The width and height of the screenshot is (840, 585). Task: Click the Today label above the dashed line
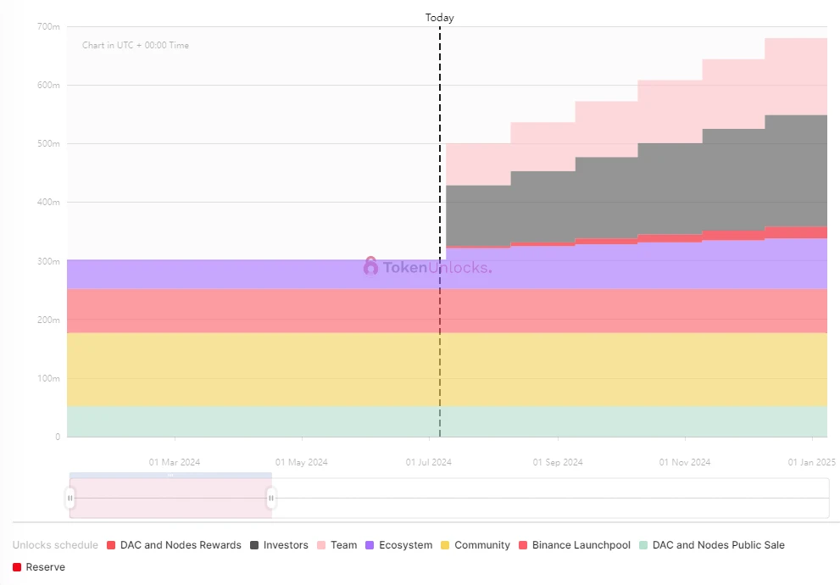point(439,18)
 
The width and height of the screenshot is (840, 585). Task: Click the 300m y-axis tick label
point(49,261)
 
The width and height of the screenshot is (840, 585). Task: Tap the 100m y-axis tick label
point(49,378)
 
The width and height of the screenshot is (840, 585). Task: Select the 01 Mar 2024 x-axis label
point(175,462)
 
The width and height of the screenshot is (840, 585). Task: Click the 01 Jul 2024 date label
point(428,462)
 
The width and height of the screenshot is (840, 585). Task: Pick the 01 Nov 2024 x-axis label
point(685,462)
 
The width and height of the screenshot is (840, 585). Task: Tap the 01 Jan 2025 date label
point(812,462)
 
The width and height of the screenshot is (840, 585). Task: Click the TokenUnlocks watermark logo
point(427,267)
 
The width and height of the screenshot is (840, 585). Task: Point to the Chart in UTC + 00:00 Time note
point(136,46)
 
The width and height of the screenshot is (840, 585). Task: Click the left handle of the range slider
point(70,498)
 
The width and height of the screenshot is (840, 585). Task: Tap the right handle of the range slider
point(270,498)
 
